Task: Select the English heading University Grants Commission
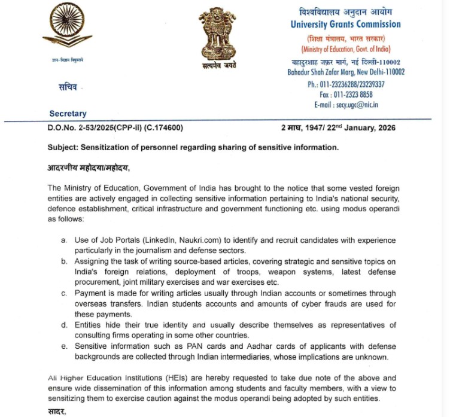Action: pos(345,25)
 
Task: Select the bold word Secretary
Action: pos(68,114)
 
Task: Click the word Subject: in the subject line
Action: pos(65,147)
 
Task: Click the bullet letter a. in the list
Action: pos(64,240)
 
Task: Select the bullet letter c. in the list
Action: pos(64,293)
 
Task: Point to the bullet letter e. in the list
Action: pos(64,346)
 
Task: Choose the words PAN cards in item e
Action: pos(211,346)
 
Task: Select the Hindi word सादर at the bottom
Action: pos(57,412)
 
